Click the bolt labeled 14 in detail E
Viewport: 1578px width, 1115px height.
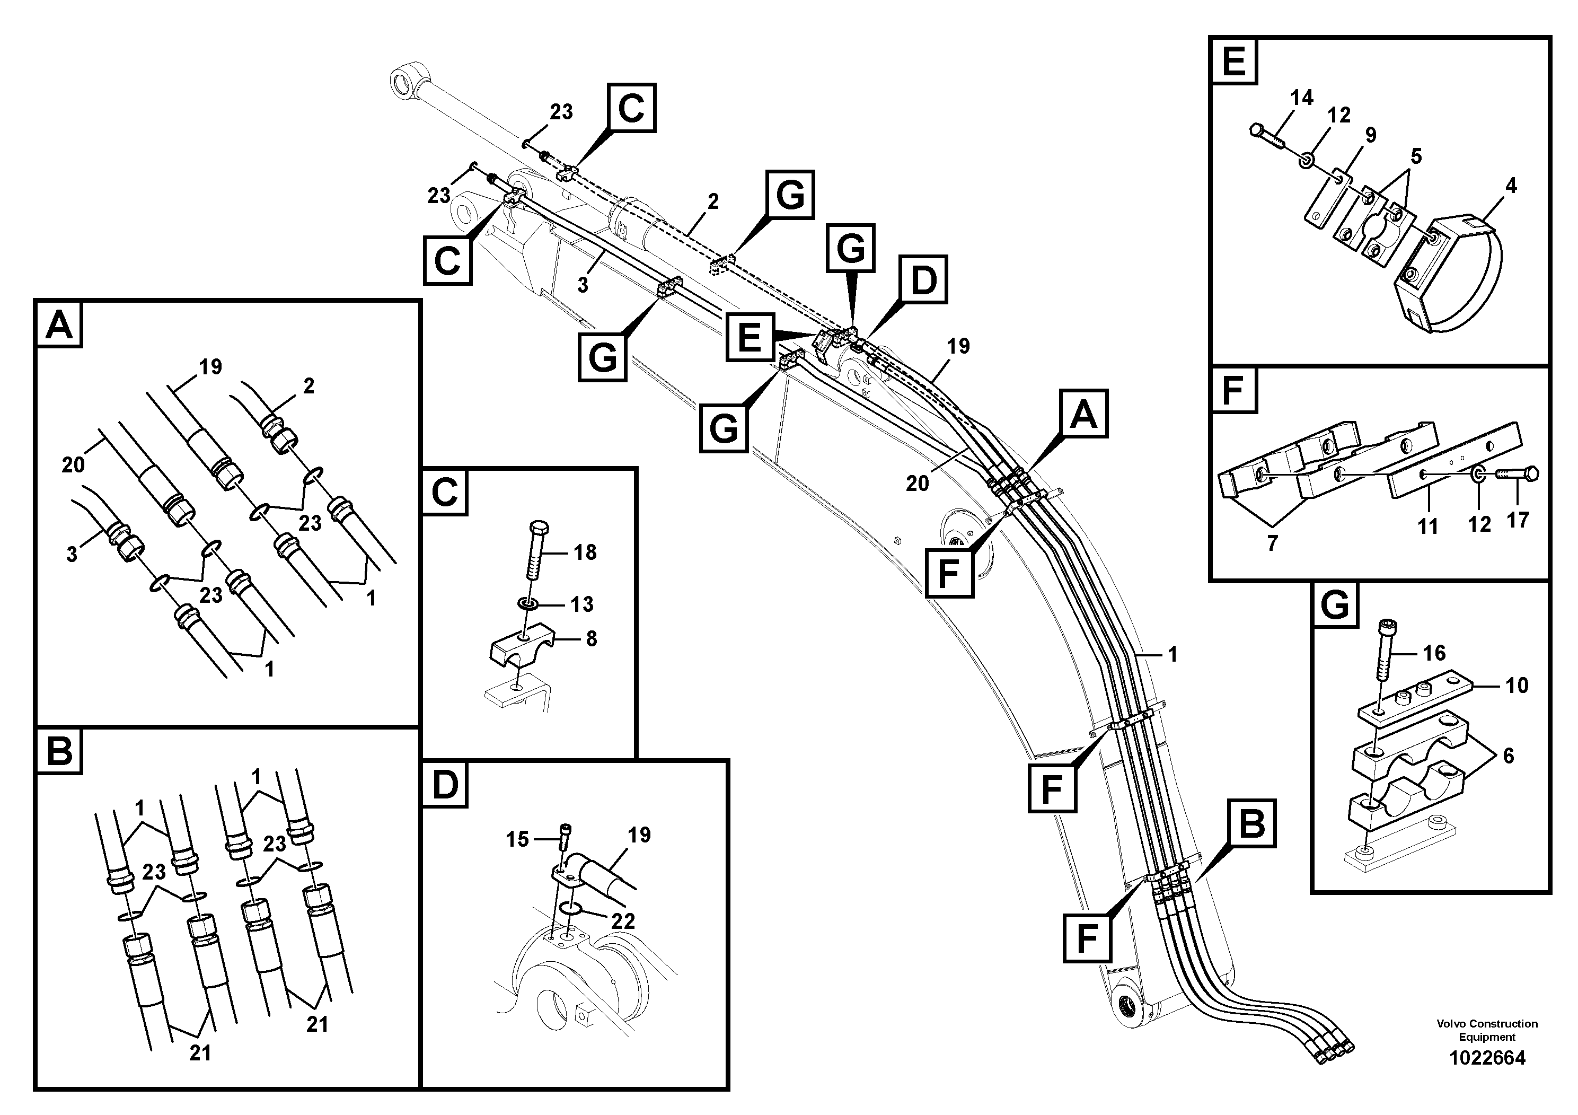[1267, 139]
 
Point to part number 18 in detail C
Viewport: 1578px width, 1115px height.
[584, 551]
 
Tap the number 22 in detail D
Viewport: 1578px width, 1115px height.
[623, 920]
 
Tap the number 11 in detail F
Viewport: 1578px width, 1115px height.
[1428, 526]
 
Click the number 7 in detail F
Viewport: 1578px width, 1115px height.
[1272, 543]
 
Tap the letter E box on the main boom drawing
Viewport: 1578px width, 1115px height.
[749, 337]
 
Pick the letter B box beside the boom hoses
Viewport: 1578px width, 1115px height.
[1251, 823]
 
